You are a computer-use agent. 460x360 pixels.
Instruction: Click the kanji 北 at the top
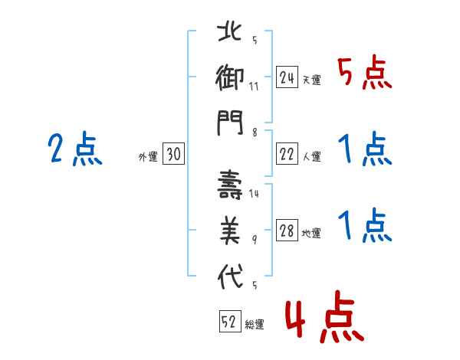tap(230, 32)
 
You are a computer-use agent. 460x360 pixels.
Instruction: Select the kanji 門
tap(230, 123)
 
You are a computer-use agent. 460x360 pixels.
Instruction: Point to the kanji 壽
tap(230, 185)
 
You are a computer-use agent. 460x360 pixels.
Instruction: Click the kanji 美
tap(230, 231)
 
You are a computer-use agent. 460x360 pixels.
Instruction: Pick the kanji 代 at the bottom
tap(230, 277)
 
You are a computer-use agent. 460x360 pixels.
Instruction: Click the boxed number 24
tap(287, 77)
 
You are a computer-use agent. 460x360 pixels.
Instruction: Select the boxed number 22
tap(287, 153)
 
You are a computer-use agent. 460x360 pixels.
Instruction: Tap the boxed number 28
tap(287, 230)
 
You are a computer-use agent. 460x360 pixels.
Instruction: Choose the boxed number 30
tap(173, 153)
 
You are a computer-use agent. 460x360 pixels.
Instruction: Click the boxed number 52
tap(230, 321)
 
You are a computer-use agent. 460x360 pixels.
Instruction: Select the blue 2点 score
tap(75, 149)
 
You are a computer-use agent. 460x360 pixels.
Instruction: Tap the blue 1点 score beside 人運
tap(365, 149)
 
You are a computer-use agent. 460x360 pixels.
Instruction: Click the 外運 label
tap(148, 156)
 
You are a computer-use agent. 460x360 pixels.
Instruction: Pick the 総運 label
tap(255, 324)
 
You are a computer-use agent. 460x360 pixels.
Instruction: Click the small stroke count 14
tap(254, 194)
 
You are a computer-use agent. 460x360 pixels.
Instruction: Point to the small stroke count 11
tap(254, 87)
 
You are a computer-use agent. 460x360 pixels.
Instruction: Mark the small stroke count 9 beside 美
tap(255, 240)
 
